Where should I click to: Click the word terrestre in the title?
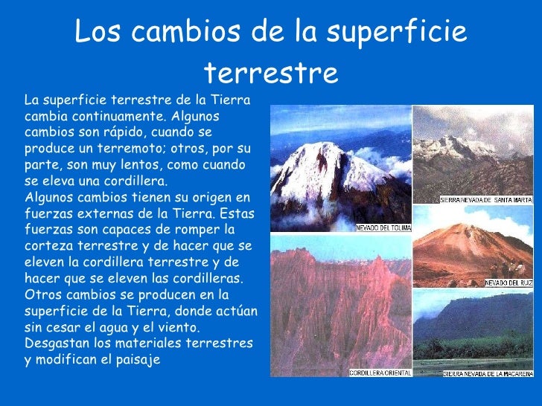coord(270,73)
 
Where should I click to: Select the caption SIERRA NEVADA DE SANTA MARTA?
coord(487,199)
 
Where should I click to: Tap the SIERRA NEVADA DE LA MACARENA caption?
coord(488,373)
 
